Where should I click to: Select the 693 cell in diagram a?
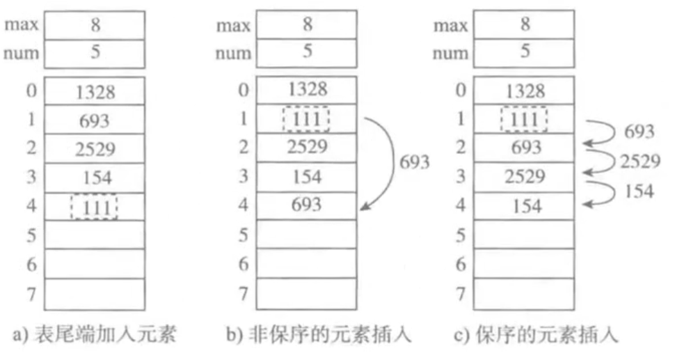[x=94, y=120]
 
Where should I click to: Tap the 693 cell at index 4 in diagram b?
[x=306, y=205]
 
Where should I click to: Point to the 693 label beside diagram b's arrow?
[x=413, y=163]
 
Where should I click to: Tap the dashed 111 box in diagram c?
[x=523, y=119]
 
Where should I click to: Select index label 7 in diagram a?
[x=29, y=293]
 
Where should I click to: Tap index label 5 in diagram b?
[x=242, y=235]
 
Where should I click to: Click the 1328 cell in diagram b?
[x=306, y=89]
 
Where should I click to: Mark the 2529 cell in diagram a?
[x=94, y=149]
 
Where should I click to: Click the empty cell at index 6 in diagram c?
[x=525, y=263]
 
